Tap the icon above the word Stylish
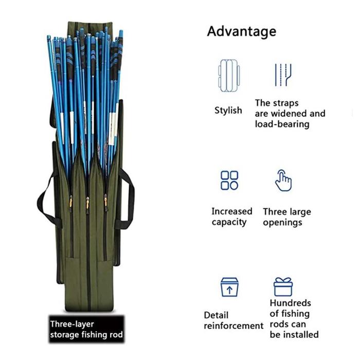point(229,75)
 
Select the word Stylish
point(228,110)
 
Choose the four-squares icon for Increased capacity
point(229,181)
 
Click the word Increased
point(232,211)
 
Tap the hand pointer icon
point(283,180)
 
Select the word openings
point(283,223)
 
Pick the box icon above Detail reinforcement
point(229,288)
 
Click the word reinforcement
point(233,326)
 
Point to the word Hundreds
point(290,303)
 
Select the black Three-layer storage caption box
point(86,330)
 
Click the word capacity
point(229,223)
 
